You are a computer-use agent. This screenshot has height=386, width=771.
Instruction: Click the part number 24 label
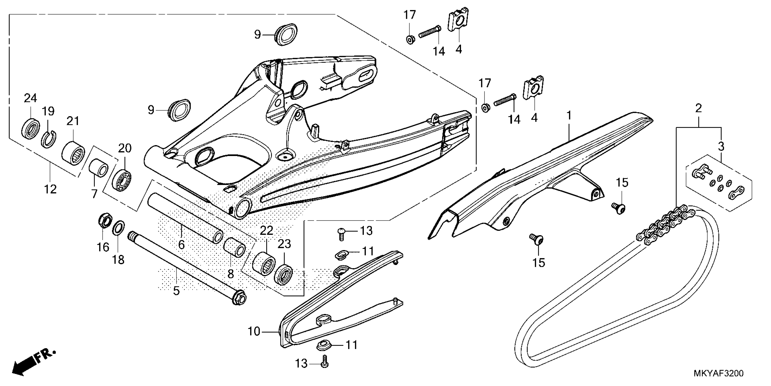pos(30,98)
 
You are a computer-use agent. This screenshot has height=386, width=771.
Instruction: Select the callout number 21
pos(73,121)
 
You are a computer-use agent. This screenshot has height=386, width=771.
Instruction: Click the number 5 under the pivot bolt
pos(176,290)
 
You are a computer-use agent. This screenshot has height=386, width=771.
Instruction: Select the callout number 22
pos(266,230)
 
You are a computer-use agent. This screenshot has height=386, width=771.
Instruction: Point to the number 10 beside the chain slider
pos(254,332)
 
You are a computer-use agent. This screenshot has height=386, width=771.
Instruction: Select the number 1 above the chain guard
pos(569,115)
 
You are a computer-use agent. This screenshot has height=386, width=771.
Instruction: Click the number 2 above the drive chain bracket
pos(698,108)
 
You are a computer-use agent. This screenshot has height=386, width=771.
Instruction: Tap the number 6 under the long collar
pos(181,245)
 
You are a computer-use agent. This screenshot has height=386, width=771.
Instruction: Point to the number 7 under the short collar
pos(95,194)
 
